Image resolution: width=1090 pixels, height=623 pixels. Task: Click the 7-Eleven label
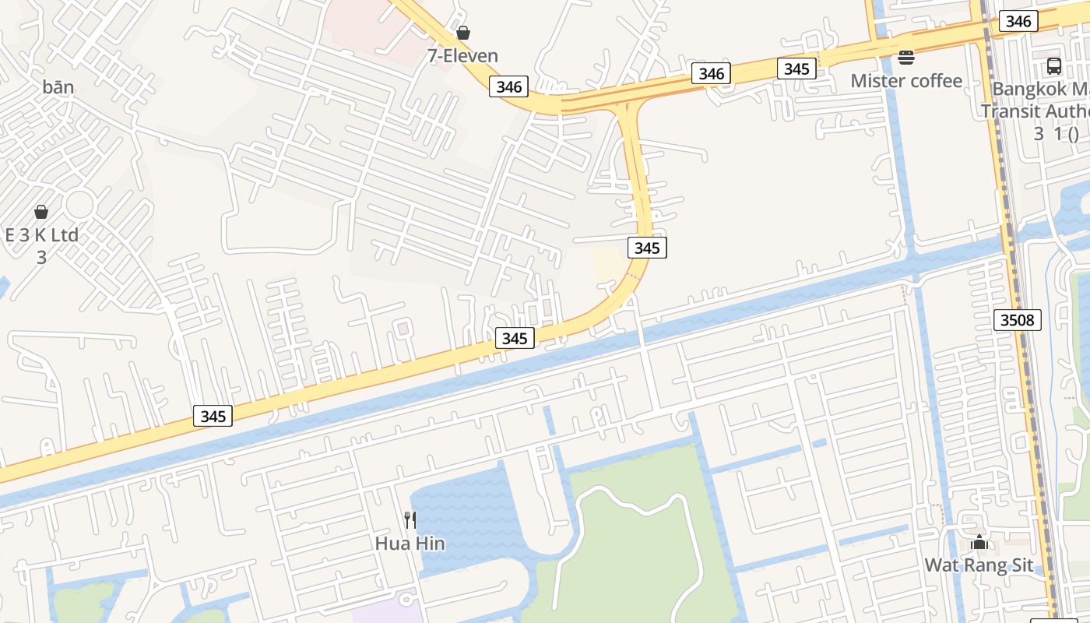pos(462,56)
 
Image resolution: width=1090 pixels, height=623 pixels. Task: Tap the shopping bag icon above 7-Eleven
pos(463,33)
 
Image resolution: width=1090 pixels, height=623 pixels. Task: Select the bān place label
pos(58,87)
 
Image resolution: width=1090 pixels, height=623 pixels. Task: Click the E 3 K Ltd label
pos(41,235)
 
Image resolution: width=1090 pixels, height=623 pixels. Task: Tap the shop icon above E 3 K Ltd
pos(41,212)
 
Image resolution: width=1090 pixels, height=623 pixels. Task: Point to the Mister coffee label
pos(906,81)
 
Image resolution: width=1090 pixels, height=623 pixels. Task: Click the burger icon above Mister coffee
pos(905,57)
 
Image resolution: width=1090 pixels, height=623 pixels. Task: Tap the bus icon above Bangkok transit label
pos(1053,66)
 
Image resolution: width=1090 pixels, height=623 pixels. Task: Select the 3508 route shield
pos(1018,320)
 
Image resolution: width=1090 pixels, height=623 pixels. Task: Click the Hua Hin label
pos(410,544)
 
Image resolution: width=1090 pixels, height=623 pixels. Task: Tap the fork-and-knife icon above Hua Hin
pos(410,519)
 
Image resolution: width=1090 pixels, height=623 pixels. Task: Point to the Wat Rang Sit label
pos(979,565)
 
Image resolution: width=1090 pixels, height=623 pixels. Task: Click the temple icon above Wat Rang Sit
pos(979,542)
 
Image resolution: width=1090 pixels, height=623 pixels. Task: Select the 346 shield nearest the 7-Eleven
pos(508,86)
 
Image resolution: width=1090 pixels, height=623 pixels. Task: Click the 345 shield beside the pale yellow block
pos(647,248)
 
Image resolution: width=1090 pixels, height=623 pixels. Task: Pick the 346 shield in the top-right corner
pos(1018,21)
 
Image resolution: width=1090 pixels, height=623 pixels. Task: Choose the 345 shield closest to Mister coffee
pos(796,69)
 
